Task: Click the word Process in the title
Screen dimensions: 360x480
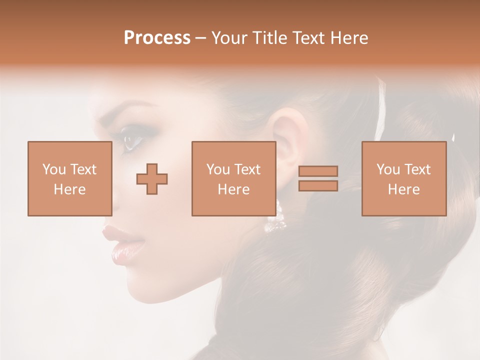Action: click(x=157, y=38)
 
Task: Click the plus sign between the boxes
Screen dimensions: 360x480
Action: click(x=152, y=179)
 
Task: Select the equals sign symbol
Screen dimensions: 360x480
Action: click(x=318, y=178)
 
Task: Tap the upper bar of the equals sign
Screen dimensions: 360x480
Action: click(x=318, y=171)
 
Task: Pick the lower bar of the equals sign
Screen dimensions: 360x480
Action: click(x=318, y=185)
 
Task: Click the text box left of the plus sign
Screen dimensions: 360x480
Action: click(x=69, y=178)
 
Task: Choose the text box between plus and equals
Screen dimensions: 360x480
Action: click(x=233, y=178)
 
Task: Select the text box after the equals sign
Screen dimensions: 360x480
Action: click(x=403, y=178)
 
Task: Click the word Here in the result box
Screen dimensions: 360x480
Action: click(x=403, y=189)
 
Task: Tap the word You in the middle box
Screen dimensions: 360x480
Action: click(x=218, y=169)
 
